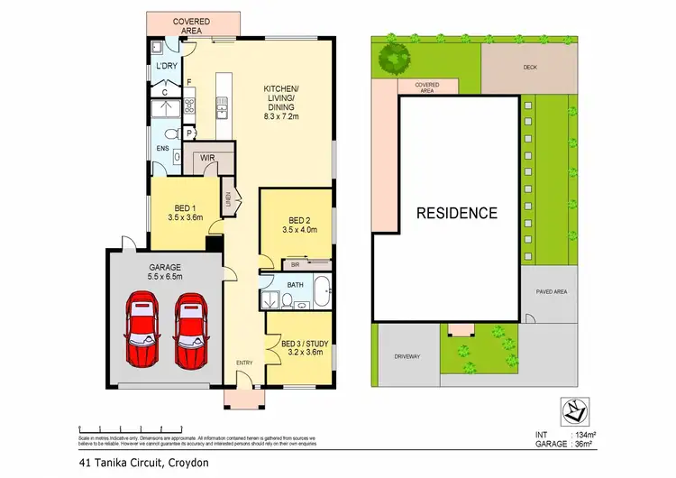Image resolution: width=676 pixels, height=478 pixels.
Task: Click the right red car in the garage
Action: click(191, 329)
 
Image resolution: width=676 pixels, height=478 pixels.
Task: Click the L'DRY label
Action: click(166, 67)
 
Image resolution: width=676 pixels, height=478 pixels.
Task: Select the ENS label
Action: click(163, 147)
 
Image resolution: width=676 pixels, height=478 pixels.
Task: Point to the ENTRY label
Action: click(245, 363)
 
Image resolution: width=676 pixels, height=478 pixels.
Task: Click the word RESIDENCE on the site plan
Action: click(456, 214)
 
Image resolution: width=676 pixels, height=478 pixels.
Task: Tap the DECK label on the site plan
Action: click(529, 66)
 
